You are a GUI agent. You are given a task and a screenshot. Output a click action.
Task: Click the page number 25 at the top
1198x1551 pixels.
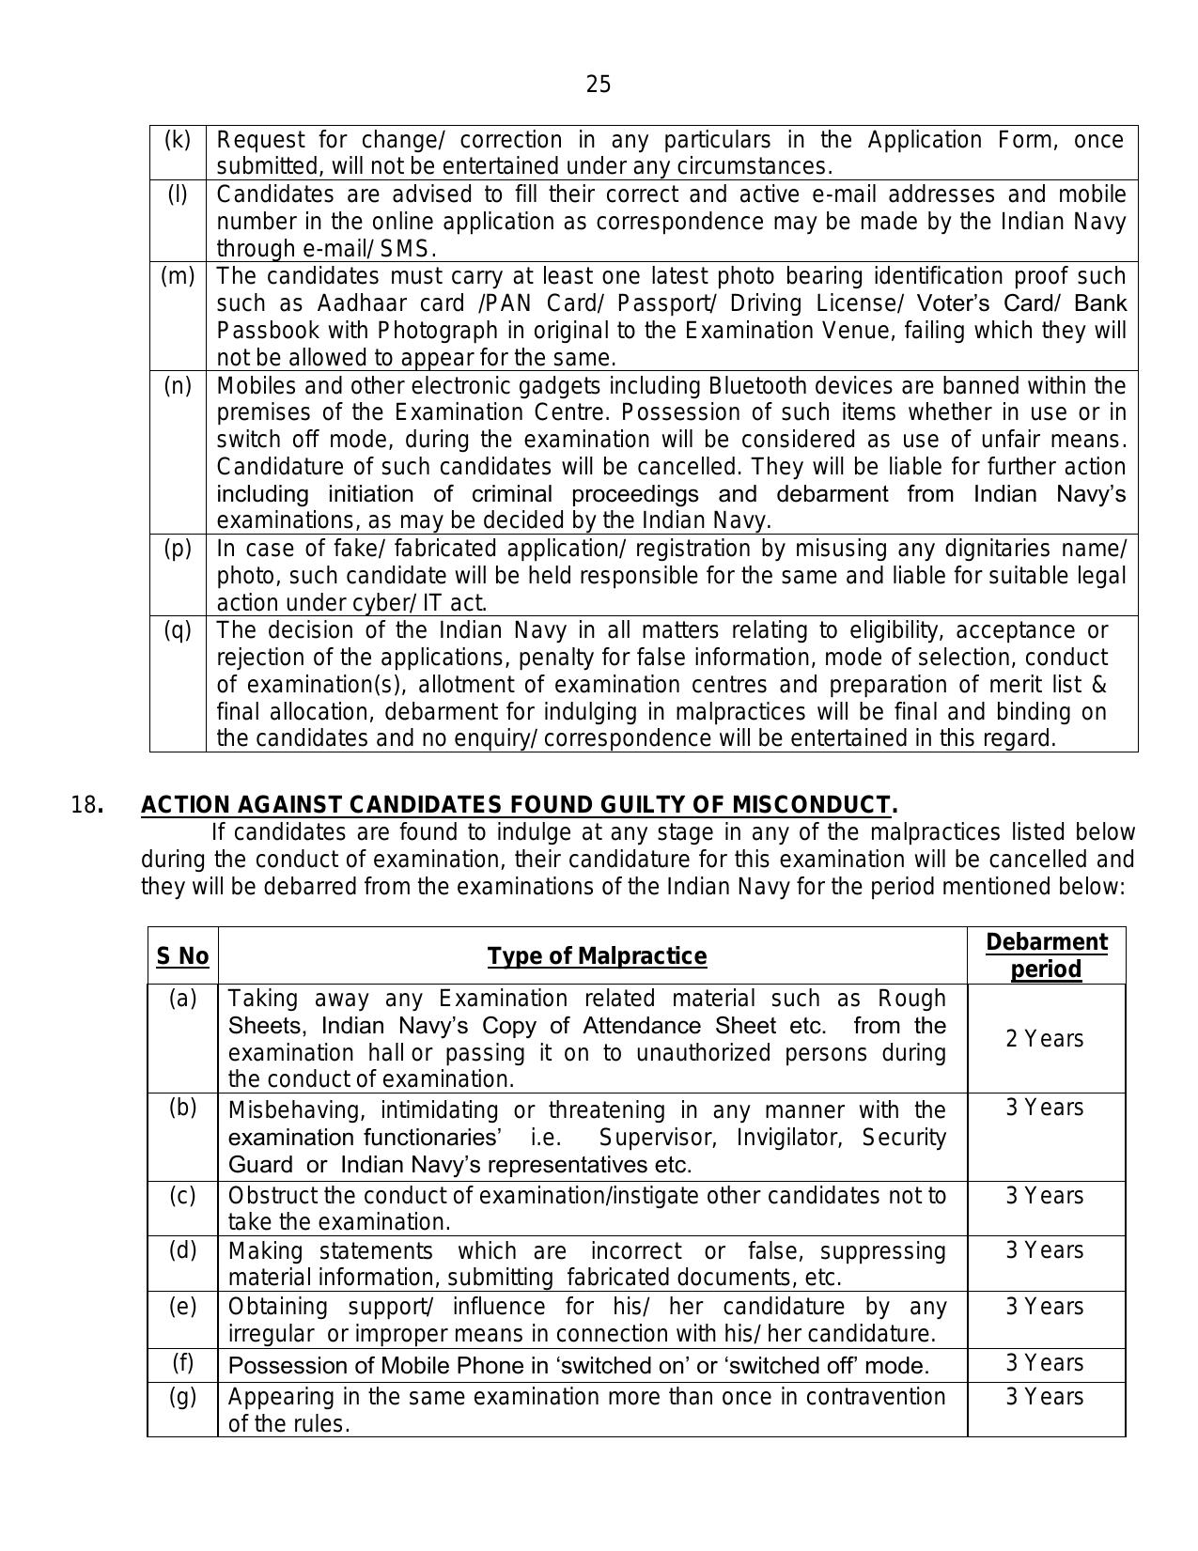click(x=599, y=85)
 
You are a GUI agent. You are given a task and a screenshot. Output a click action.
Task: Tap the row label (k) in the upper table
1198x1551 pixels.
click(x=178, y=140)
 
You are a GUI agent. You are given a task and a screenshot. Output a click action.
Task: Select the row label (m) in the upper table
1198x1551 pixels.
click(x=178, y=276)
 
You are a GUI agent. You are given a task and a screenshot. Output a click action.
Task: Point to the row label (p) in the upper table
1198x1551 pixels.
click(x=178, y=549)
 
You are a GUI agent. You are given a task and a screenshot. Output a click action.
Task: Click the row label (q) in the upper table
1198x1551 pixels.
click(x=178, y=630)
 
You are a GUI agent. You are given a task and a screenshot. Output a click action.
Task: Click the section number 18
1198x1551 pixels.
click(x=86, y=805)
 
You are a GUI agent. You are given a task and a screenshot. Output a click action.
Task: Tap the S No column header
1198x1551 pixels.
click(x=182, y=956)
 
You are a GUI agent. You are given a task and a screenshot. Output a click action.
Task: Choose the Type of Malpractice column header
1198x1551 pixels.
click(x=597, y=956)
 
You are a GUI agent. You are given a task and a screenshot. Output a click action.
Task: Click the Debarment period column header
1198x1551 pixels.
click(x=1046, y=956)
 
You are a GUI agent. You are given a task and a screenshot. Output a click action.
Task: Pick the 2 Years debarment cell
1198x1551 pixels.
click(x=1045, y=1039)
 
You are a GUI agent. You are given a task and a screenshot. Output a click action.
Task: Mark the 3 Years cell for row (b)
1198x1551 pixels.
click(x=1045, y=1109)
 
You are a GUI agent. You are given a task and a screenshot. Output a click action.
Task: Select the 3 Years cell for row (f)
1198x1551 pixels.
click(x=1045, y=1363)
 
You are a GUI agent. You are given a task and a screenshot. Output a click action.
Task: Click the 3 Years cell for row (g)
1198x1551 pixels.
click(x=1045, y=1397)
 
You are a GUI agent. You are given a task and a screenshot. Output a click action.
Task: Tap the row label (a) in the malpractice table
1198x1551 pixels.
click(x=182, y=999)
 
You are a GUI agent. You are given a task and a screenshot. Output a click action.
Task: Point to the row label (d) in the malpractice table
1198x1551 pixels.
click(x=182, y=1251)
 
